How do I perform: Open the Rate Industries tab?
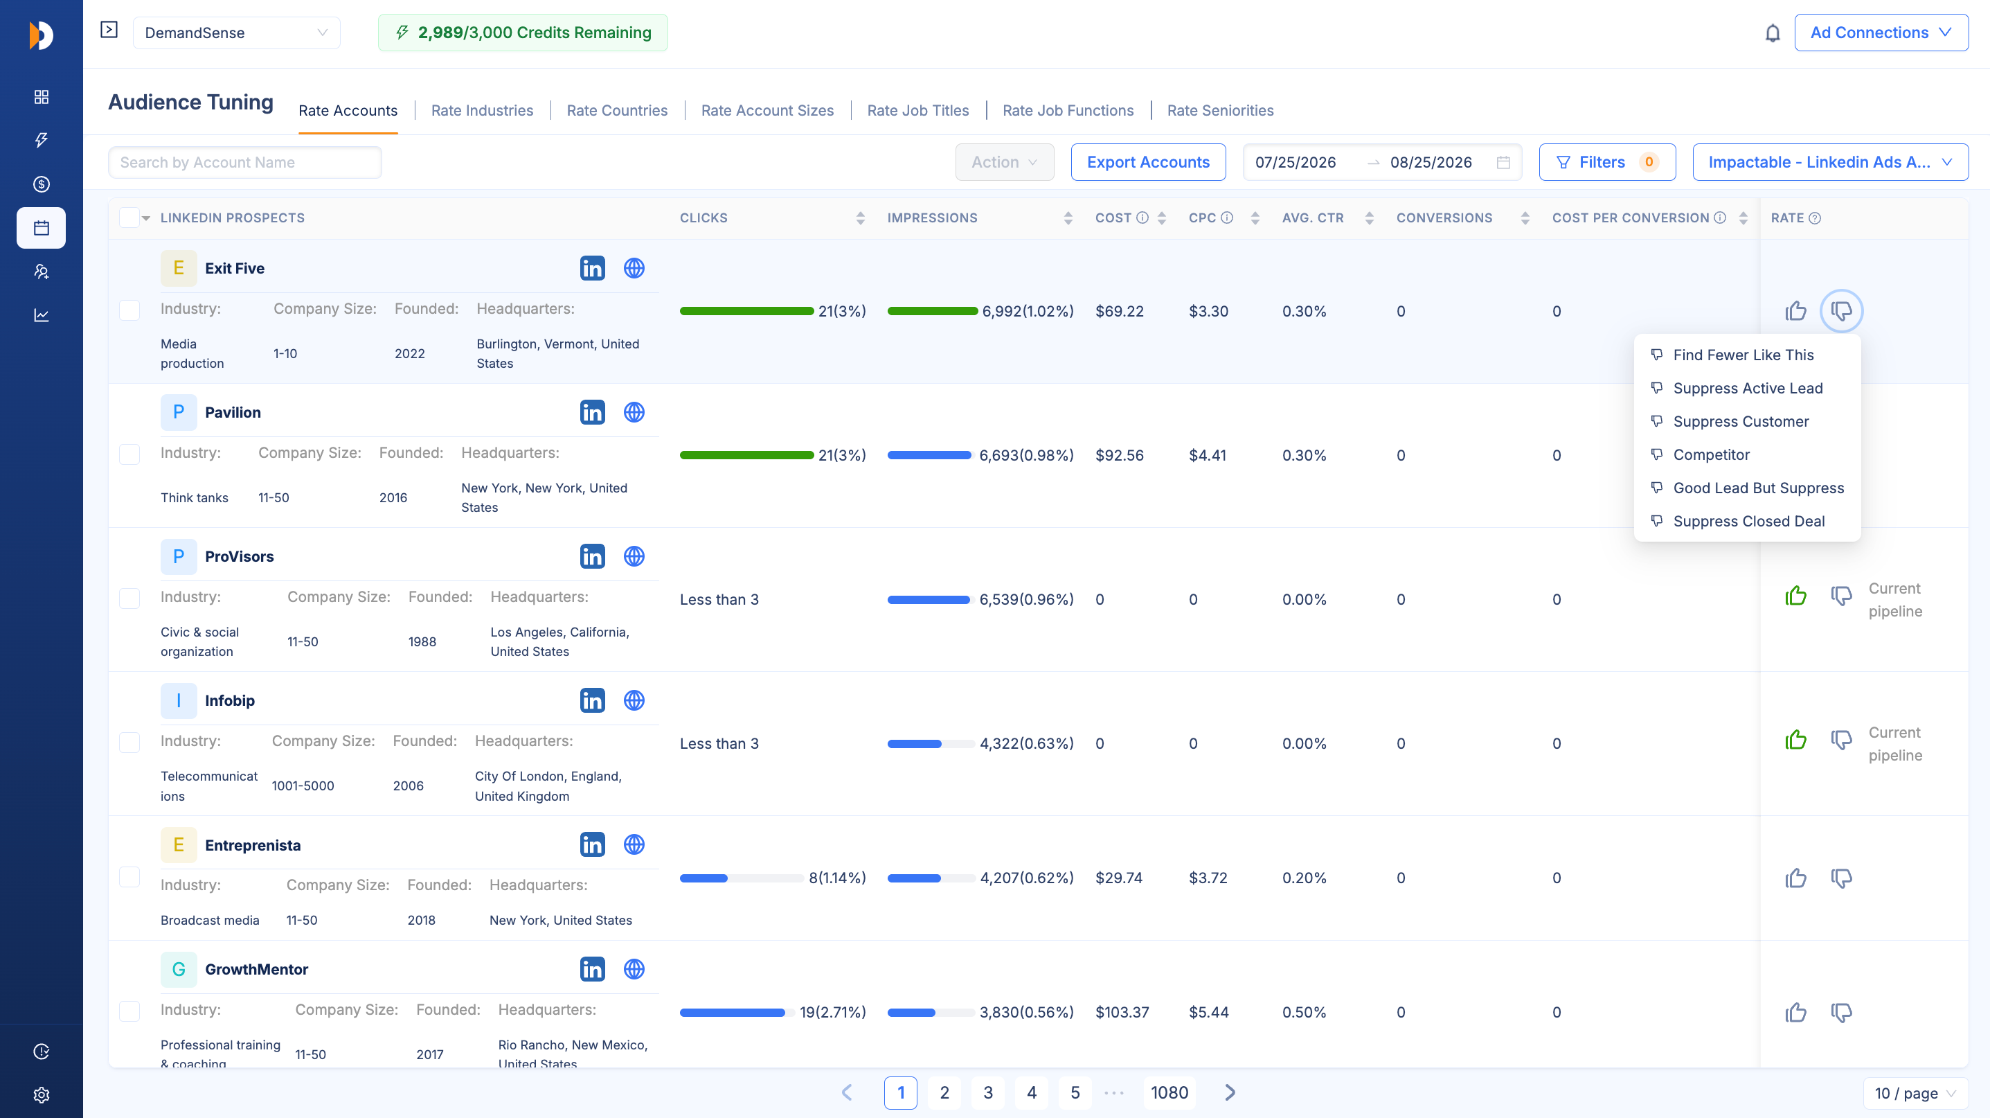pos(482,111)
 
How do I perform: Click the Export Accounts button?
pos(1148,162)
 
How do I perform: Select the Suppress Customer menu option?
pos(1741,421)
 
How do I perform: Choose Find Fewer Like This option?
pos(1744,355)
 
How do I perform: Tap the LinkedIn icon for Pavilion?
pos(593,413)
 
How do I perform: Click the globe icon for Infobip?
pos(634,700)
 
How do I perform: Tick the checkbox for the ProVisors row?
pos(129,598)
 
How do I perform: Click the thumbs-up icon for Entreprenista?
pos(1795,878)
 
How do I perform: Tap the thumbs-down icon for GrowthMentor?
pos(1842,1012)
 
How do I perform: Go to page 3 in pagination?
pos(988,1092)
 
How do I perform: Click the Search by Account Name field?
pos(245,162)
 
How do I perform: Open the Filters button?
pos(1607,162)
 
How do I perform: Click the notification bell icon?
pos(1772,33)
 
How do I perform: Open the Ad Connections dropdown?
pos(1881,33)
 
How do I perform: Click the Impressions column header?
pos(933,218)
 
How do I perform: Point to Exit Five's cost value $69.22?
pos(1120,312)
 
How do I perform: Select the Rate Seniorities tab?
pos(1221,111)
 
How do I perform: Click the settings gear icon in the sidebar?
pos(42,1095)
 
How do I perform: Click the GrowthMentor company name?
pos(256,969)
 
